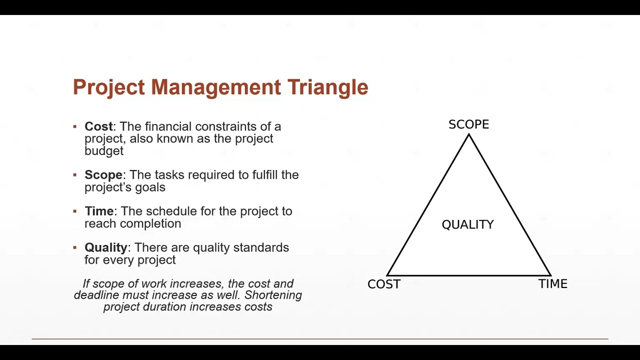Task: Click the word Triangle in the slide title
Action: tap(327, 87)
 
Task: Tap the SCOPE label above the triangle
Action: tap(468, 124)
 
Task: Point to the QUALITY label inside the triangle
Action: tap(467, 225)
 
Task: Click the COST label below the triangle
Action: tap(383, 284)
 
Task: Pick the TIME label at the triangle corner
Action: tap(552, 284)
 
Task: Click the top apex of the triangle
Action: tap(469, 135)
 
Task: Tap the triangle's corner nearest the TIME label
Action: tap(550, 275)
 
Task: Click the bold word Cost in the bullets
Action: tap(98, 126)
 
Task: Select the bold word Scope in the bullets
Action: tap(103, 175)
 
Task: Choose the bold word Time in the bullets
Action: tap(99, 211)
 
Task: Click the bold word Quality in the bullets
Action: tap(106, 248)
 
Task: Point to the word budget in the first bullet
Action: tap(103, 151)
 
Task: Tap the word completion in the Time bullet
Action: tap(153, 223)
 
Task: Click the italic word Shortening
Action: tap(273, 295)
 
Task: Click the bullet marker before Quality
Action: tap(75, 247)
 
